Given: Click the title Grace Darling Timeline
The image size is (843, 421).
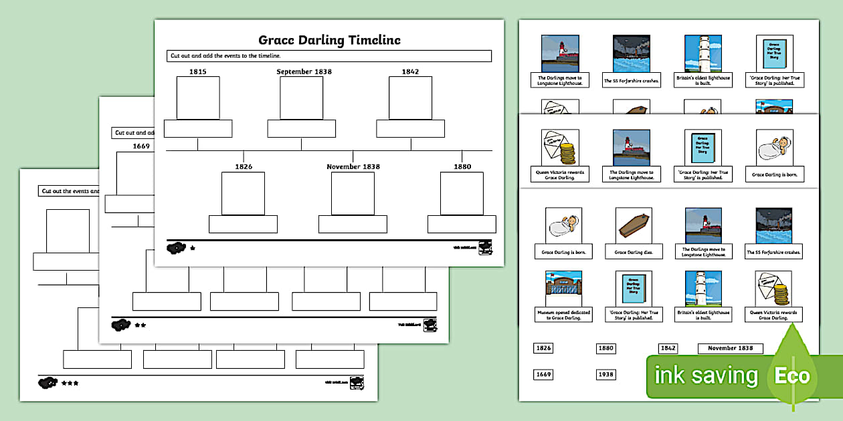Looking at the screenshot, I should [x=329, y=40].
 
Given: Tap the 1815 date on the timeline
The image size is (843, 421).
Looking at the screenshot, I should [x=197, y=72].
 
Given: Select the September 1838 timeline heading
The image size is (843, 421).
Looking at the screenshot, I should [x=304, y=72].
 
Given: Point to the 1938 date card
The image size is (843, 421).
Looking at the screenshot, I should [x=605, y=374].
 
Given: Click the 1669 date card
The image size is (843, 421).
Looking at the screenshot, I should [x=543, y=374].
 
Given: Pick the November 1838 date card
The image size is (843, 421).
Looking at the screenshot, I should [x=730, y=348].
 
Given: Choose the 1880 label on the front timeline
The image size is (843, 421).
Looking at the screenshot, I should [x=462, y=166].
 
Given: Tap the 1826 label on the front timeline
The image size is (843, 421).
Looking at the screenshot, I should [x=244, y=166].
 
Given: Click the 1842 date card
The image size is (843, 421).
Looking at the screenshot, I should [x=668, y=348].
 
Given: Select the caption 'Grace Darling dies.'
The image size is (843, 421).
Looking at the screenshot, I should [x=628, y=253].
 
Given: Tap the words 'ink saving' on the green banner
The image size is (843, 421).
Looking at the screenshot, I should [x=706, y=376].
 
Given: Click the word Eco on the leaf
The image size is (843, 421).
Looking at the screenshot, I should [x=792, y=376].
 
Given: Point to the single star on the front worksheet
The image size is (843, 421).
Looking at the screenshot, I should [x=193, y=248].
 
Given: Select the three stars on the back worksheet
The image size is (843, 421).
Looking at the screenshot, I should [x=70, y=384].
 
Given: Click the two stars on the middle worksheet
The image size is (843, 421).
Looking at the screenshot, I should [x=140, y=325].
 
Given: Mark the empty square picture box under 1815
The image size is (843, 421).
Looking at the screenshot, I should [x=197, y=98].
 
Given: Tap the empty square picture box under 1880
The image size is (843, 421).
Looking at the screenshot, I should [x=462, y=193].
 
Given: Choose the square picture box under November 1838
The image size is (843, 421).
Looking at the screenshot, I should [x=353, y=193].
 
